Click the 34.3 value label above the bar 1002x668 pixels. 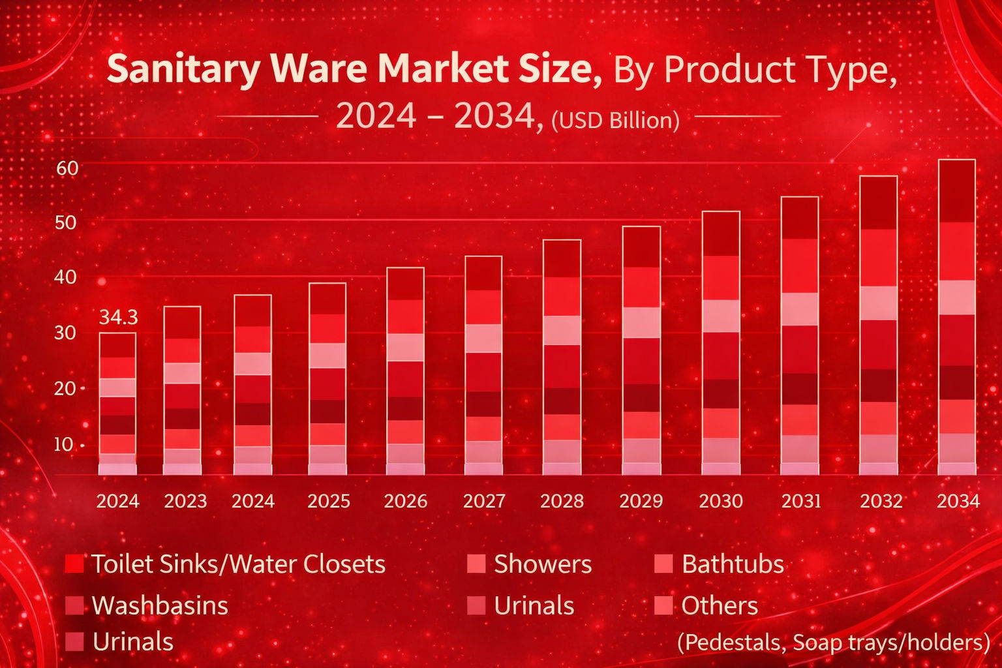pos(118,318)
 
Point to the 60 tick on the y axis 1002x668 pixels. pos(67,168)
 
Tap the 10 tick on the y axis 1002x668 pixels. pos(63,444)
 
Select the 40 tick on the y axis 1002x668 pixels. pos(65,277)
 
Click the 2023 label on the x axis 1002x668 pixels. pos(185,501)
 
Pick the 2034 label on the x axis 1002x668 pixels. pos(958,501)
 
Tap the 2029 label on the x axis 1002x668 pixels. pos(641,501)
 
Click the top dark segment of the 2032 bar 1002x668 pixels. pos(878,202)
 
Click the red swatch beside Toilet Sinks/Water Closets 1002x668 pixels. pos(74,564)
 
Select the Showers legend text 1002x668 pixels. pos(542,564)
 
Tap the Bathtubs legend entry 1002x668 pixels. pos(732,564)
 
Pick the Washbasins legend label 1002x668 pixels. pos(160,605)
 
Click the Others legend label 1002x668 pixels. pos(719,605)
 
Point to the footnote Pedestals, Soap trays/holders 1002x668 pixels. pos(833,643)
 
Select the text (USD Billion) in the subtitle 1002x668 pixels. pos(615,120)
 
